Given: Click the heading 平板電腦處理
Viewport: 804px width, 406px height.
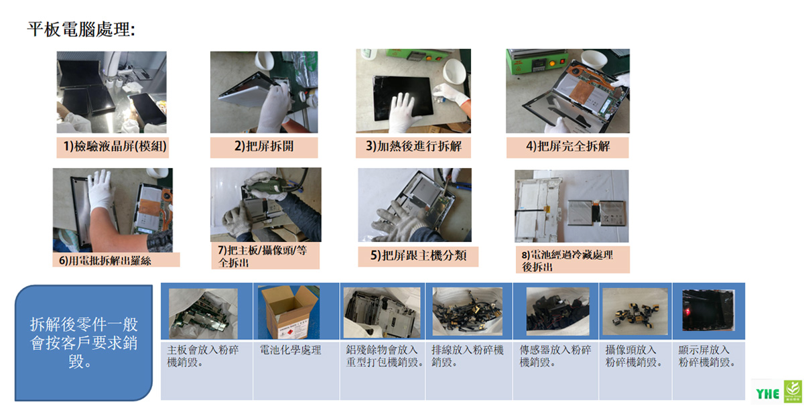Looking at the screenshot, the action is tap(81, 29).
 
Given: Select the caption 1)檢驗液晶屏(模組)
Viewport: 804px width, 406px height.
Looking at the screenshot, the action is tap(115, 147).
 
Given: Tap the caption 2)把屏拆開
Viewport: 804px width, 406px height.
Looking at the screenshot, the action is tap(264, 147).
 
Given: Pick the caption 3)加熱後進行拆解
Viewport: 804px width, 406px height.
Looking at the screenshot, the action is tap(413, 147).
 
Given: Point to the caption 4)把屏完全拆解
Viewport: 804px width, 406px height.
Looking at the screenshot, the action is tap(568, 147).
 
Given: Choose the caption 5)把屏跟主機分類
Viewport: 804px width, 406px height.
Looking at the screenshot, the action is tap(418, 255).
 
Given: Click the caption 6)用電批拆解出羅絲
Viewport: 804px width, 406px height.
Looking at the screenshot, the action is tap(105, 261).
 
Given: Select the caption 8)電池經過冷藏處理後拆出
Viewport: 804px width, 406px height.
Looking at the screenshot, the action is tap(567, 261).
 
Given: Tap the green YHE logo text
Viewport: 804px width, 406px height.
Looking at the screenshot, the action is tap(767, 394).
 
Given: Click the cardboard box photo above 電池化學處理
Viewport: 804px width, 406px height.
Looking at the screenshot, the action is tap(289, 312).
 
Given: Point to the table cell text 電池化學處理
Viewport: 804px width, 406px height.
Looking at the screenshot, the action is tap(290, 350).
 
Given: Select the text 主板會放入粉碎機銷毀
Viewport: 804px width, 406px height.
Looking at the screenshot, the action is tap(203, 356).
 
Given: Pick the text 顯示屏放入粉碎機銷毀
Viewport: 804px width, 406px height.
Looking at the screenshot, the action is tap(706, 356).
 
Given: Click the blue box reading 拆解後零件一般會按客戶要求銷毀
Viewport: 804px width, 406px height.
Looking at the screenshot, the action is tap(84, 343).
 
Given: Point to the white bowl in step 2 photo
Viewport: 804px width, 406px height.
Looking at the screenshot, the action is tap(265, 62).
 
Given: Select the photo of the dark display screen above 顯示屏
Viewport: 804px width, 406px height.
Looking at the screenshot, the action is tap(708, 310).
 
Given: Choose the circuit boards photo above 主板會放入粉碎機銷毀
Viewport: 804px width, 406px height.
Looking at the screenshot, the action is tap(203, 314).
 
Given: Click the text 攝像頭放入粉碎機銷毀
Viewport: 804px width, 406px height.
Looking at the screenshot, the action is tap(634, 356).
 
